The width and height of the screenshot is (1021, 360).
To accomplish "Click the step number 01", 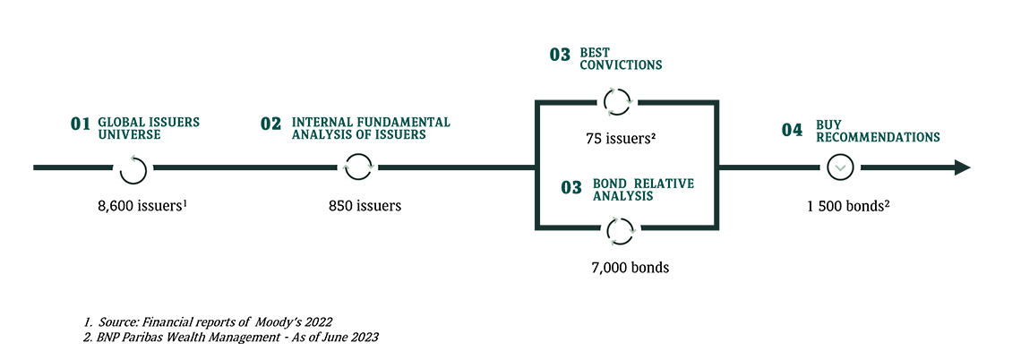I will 81,124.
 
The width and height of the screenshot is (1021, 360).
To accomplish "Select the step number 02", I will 270,124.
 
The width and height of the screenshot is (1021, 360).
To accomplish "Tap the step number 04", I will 792,131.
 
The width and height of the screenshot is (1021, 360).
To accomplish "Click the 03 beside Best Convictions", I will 560,56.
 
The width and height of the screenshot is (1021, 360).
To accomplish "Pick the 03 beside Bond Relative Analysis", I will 571,187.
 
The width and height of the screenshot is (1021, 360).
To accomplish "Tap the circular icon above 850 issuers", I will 357,167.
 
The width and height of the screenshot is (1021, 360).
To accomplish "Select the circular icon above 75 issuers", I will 617,102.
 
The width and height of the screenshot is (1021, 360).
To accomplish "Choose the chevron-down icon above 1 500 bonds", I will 840,167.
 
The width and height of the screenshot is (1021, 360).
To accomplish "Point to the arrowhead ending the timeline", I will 962,167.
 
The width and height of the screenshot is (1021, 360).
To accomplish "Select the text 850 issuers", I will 365,205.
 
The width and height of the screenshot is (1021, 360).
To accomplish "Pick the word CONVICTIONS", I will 621,65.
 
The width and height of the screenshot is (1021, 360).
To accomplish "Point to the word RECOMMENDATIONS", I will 877,138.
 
